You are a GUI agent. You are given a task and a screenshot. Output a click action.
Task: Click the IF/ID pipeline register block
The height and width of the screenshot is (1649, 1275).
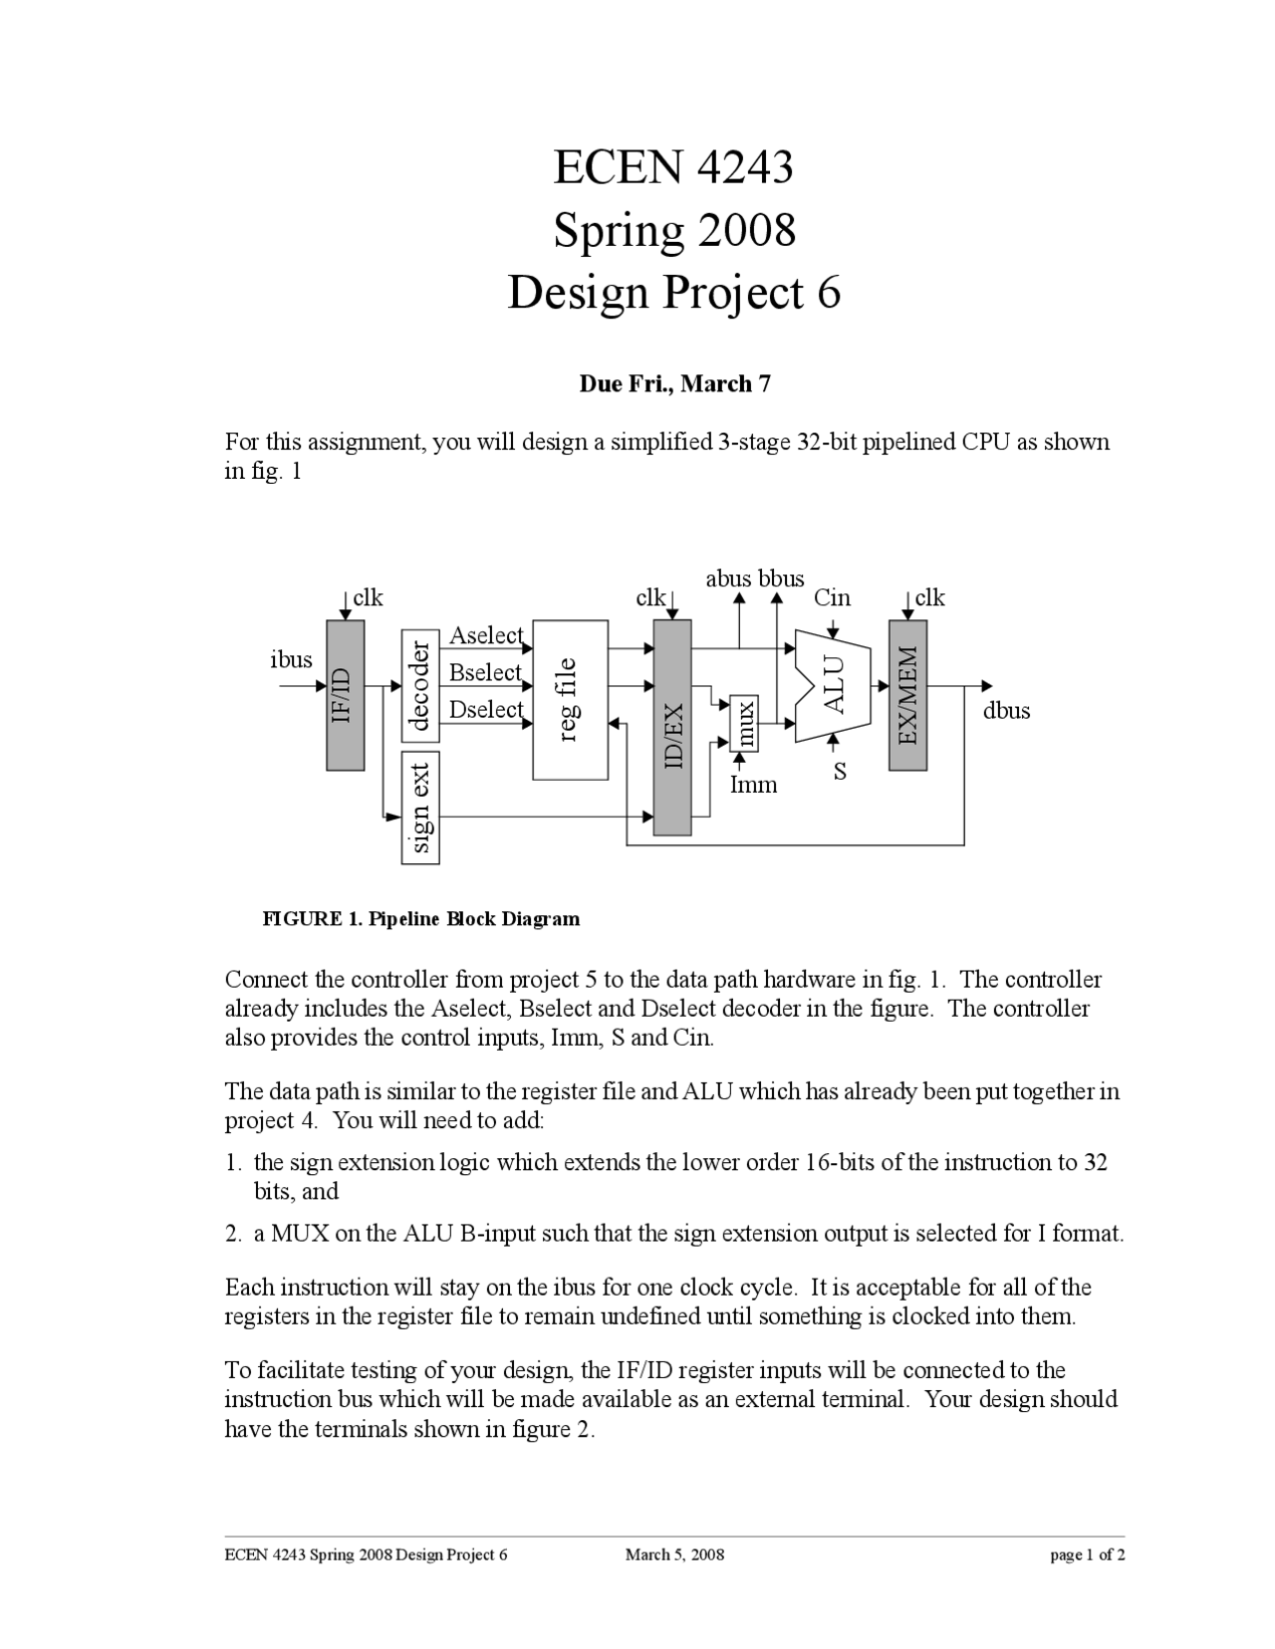(x=345, y=695)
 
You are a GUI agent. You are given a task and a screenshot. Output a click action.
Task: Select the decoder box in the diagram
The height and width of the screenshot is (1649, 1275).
(x=420, y=686)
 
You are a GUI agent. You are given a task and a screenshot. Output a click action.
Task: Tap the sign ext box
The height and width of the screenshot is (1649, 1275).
(x=420, y=808)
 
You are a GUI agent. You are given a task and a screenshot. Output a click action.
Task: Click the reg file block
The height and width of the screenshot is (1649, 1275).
(x=570, y=700)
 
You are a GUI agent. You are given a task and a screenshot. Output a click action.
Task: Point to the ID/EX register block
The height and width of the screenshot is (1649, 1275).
(x=672, y=728)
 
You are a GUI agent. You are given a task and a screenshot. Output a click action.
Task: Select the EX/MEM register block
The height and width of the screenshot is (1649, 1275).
(x=907, y=695)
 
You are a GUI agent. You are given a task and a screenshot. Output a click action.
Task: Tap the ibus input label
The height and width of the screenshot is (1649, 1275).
(x=291, y=659)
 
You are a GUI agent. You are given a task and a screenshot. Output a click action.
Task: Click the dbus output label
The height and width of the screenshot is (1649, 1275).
(x=1006, y=711)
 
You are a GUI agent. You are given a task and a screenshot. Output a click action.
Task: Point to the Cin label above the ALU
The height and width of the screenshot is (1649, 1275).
(x=832, y=597)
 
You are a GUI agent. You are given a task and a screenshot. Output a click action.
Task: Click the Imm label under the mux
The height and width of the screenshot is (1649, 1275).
(x=753, y=785)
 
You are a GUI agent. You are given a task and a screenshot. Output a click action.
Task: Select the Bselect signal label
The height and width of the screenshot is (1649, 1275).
(x=485, y=672)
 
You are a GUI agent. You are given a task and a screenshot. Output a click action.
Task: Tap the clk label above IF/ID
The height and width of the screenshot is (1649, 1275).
(x=368, y=597)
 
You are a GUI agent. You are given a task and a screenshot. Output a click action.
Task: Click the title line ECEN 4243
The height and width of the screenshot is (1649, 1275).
(x=673, y=166)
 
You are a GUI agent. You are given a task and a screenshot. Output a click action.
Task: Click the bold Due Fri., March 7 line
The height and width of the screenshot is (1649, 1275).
(x=674, y=383)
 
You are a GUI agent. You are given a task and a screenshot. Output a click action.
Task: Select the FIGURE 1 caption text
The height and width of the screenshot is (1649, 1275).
(x=420, y=918)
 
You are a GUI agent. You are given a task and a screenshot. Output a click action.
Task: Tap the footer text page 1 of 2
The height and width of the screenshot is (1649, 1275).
(x=1087, y=1554)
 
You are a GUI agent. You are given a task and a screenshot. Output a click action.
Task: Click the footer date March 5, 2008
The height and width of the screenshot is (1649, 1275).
(x=674, y=1554)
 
